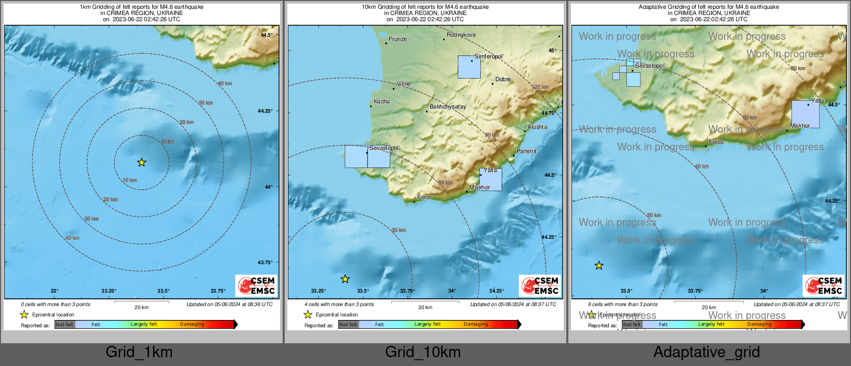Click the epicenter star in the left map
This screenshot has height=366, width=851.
141,162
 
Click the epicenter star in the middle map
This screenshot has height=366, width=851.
345,279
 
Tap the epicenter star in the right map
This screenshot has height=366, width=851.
599,266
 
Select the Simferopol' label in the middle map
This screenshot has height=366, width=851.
489,56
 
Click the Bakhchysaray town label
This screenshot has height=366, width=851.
448,106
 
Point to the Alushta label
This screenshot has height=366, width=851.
537,127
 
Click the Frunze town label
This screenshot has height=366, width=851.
398,39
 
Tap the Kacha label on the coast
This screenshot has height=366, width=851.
382,101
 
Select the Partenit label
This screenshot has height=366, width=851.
526,151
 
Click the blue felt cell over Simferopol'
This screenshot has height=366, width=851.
469,67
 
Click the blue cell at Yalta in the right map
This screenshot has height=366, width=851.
805,114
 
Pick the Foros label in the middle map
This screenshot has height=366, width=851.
424,197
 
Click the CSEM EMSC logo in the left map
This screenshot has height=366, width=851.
257,286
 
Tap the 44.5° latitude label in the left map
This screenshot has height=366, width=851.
267,35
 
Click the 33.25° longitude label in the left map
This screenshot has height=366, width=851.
109,291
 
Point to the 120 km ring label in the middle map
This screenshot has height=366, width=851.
540,87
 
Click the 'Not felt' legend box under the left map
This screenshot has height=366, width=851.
65,325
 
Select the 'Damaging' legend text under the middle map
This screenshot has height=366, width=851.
476,324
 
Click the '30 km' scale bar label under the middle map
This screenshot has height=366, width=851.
425,307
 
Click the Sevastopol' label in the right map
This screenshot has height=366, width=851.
650,66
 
